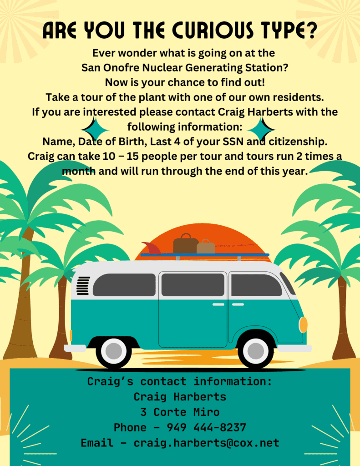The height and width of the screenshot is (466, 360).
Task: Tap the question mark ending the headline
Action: (x=311, y=30)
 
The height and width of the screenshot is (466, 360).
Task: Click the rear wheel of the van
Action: (x=114, y=351)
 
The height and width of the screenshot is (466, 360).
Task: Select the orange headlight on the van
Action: (x=303, y=325)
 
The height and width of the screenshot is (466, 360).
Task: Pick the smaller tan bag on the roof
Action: (x=206, y=246)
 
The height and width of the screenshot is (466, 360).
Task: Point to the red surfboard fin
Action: (x=152, y=248)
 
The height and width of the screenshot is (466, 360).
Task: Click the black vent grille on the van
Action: (x=83, y=286)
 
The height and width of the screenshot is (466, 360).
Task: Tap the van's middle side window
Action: (x=193, y=285)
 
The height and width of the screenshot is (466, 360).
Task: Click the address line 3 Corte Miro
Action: (x=180, y=412)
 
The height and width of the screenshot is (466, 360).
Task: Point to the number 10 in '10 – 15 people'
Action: (x=106, y=157)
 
